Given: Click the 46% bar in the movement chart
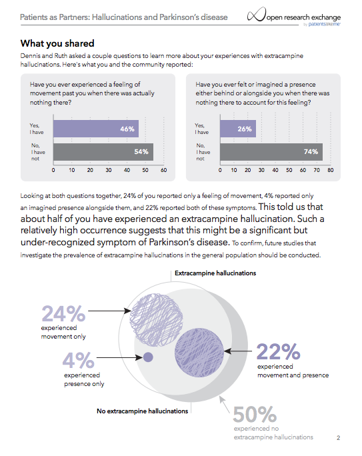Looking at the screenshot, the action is tap(96, 129).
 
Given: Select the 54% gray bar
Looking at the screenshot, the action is tap(103, 152).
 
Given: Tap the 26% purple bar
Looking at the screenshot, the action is tap(238, 129).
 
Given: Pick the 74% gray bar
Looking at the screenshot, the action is tap(271, 152).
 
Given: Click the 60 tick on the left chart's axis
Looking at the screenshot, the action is tap(164, 170).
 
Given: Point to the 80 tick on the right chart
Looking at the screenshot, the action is tap(330, 170).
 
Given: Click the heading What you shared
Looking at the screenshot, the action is tap(57, 43).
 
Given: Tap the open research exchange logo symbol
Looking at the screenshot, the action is tap(257, 15).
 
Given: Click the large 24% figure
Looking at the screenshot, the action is tap(63, 313).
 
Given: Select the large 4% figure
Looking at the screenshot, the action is tap(78, 360).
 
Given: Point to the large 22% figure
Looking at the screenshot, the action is tap(278, 351).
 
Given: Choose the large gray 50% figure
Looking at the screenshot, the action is tap(255, 414).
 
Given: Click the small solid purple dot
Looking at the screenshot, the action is tap(148, 357).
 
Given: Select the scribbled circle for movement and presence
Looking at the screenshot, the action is tap(199, 353).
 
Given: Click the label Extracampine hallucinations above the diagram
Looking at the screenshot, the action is tap(215, 273).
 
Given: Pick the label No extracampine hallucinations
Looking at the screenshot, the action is tap(143, 411).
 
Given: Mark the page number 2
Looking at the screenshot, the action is tap(338, 438).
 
